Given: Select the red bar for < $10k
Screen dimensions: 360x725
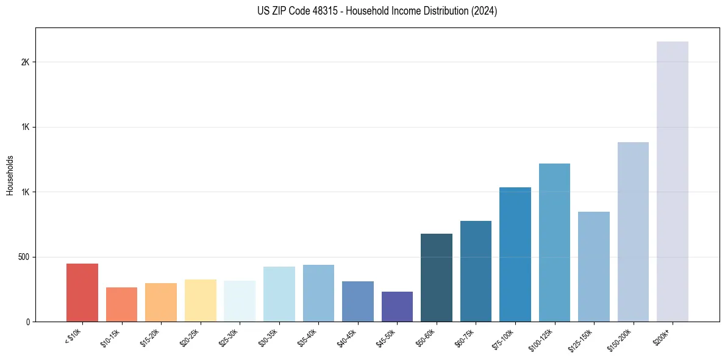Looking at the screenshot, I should point(82,292).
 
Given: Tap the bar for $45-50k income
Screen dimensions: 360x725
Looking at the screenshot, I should point(397,306).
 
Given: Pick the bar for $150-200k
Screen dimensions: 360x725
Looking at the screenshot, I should point(633,232).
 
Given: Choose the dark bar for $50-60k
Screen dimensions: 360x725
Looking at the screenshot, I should point(437,278).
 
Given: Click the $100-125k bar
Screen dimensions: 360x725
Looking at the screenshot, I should point(554,242).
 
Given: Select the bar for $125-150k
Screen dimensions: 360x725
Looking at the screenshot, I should point(593,267).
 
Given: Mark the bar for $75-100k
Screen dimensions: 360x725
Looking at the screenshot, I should point(515,254).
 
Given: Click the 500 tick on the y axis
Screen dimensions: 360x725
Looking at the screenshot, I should point(24,257).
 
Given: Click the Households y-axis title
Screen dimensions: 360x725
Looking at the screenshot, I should point(10,175).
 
